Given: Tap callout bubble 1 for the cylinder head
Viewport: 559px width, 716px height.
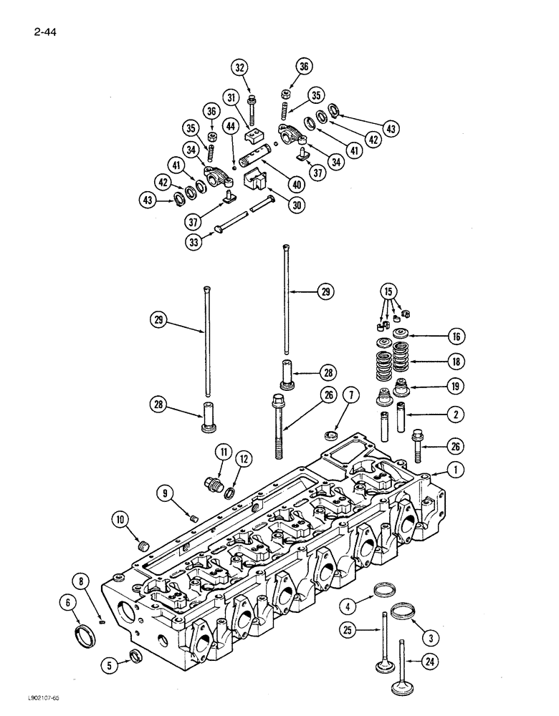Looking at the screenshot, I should point(452,470).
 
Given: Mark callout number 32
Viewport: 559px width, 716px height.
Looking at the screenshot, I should point(239,68).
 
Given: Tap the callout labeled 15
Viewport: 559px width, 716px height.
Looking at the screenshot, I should point(388,291).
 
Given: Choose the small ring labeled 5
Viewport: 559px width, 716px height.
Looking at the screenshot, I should point(135,654).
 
